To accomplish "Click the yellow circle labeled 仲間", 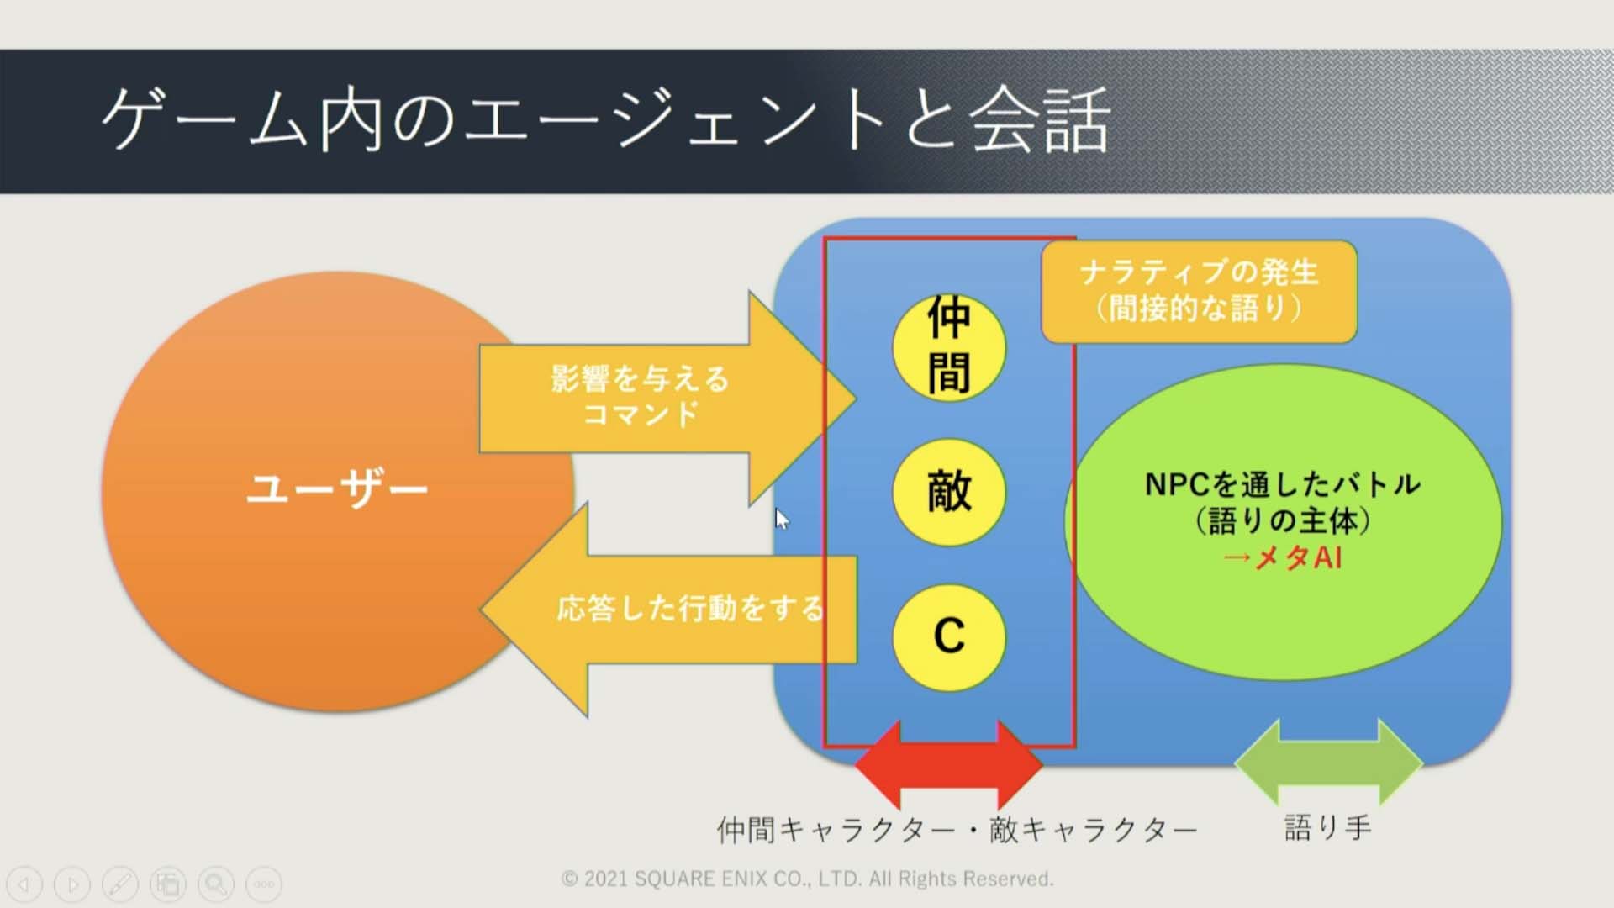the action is pyautogui.click(x=949, y=347).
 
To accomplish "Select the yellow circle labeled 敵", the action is pyautogui.click(x=949, y=492).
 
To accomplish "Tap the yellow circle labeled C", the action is pyautogui.click(x=949, y=637).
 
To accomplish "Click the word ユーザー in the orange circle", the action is pyautogui.click(x=337, y=488).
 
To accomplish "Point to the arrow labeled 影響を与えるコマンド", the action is pyautogui.click(x=667, y=399).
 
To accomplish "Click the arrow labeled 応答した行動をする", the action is pyautogui.click(x=667, y=610).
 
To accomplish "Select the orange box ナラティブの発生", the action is pyautogui.click(x=1200, y=291).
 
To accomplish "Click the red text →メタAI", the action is pyautogui.click(x=1282, y=557).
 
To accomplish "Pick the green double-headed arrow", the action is pyautogui.click(x=1328, y=763).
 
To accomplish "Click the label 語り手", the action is pyautogui.click(x=1328, y=828).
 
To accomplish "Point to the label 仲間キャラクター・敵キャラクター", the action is pyautogui.click(x=957, y=830).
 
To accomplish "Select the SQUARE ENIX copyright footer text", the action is pyautogui.click(x=807, y=879).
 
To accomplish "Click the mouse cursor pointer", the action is pyautogui.click(x=783, y=520).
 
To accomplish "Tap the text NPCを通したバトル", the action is pyautogui.click(x=1283, y=484).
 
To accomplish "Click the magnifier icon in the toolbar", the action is pyautogui.click(x=216, y=884).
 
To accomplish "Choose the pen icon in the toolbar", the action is pyautogui.click(x=120, y=884).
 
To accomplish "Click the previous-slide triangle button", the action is pyautogui.click(x=24, y=884).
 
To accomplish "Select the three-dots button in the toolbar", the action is pyautogui.click(x=264, y=884).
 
